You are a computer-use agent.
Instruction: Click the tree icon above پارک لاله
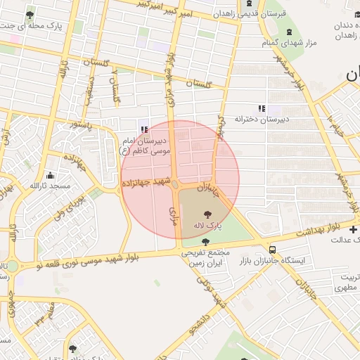coord(208,214)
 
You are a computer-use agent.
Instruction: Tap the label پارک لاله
coord(209,226)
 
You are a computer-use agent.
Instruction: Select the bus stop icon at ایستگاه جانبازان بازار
coord(272,250)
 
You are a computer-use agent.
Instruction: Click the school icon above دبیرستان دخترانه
coord(261,108)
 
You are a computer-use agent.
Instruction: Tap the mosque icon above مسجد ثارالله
coord(49,175)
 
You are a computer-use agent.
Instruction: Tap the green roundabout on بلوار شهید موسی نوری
coord(13,266)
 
